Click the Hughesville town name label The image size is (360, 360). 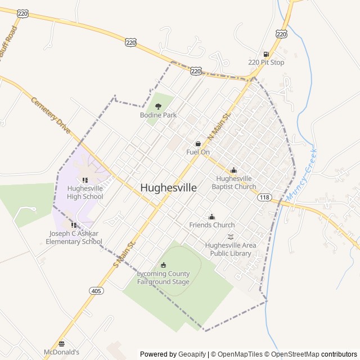tap(168, 188)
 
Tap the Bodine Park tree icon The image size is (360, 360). tap(158, 106)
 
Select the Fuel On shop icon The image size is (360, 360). tap(198, 143)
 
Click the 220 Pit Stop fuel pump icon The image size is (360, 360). tap(266, 54)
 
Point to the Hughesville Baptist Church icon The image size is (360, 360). tap(234, 170)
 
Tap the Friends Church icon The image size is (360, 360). tap(212, 217)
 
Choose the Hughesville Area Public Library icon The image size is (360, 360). tap(229, 237)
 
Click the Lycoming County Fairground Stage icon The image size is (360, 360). tap(164, 265)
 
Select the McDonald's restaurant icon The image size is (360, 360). tap(61, 343)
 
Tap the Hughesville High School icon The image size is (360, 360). tap(85, 180)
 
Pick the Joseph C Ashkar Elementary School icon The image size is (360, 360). tap(74, 225)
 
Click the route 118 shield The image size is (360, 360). tap(265, 197)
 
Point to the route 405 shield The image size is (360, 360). tap(96, 290)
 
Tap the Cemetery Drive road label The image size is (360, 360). tap(51, 115)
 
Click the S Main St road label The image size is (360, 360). tap(125, 254)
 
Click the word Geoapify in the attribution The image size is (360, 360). tap(192, 354)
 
